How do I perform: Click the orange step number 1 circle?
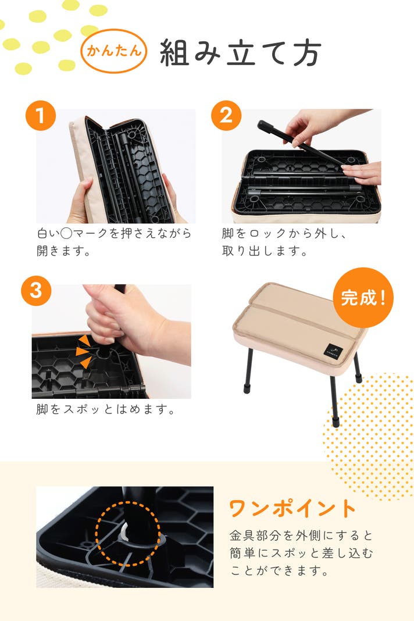[x=40, y=116]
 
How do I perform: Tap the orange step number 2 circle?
[x=226, y=116]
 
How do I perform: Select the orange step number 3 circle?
[x=36, y=291]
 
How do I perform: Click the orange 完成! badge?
[x=363, y=298]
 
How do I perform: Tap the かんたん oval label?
[x=114, y=51]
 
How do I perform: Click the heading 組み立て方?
[x=240, y=53]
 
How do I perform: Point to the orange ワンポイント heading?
[x=293, y=508]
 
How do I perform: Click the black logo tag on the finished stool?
[x=334, y=351]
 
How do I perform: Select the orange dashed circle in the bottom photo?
[x=128, y=533]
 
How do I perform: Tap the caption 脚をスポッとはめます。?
[x=105, y=409]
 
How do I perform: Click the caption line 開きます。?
[x=64, y=251]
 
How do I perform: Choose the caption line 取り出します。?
[x=265, y=251]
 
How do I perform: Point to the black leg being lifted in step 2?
[x=300, y=144]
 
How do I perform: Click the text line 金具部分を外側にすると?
[x=301, y=536]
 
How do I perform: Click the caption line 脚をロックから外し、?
[x=284, y=233]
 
